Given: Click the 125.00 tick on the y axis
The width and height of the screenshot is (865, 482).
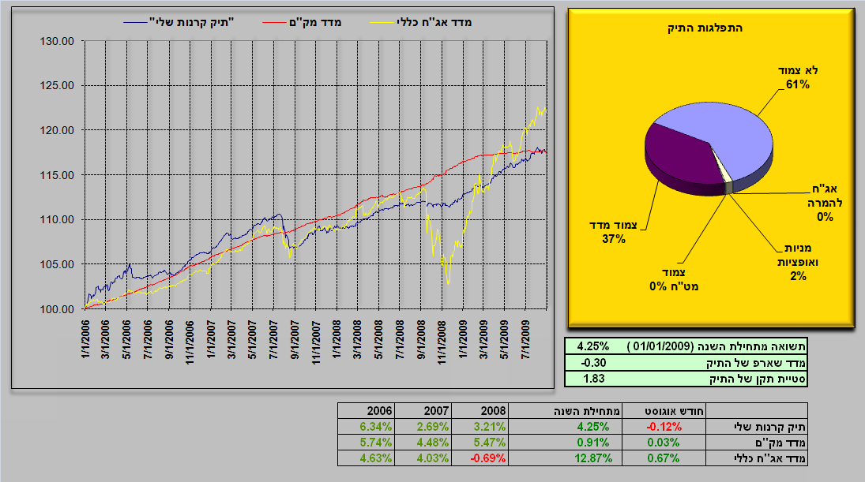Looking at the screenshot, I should point(58,85).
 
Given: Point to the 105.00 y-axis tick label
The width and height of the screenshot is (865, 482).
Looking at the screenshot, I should point(58,264).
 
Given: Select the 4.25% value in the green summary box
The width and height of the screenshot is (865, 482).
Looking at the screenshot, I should point(592,346).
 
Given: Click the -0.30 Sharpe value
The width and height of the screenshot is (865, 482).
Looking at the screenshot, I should point(592,362).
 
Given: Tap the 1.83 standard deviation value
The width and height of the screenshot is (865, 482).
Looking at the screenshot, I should point(592,379).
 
